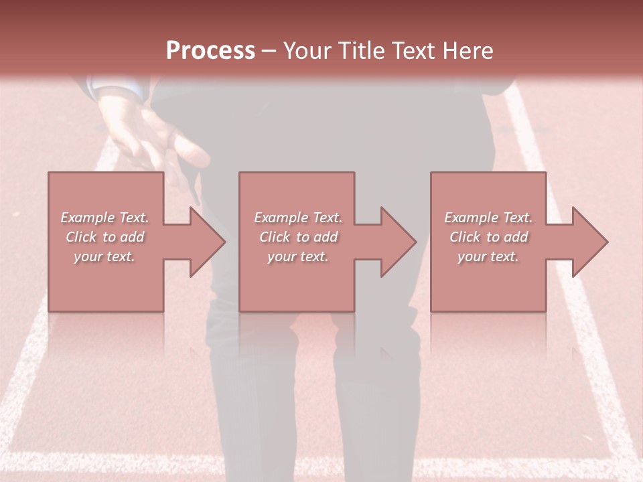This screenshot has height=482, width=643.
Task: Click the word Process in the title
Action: coord(210,51)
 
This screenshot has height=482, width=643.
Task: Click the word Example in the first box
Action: coord(87,218)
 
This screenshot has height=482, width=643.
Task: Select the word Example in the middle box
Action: coord(280,218)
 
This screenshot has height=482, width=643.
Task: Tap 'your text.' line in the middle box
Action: coord(297,256)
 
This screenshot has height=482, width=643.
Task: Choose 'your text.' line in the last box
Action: coord(488,256)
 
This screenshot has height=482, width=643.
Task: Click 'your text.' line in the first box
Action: coord(104,256)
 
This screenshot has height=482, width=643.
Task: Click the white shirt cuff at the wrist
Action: coord(111,88)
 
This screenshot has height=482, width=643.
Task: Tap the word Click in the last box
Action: coord(465,237)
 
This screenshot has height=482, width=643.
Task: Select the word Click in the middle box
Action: coord(275,237)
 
